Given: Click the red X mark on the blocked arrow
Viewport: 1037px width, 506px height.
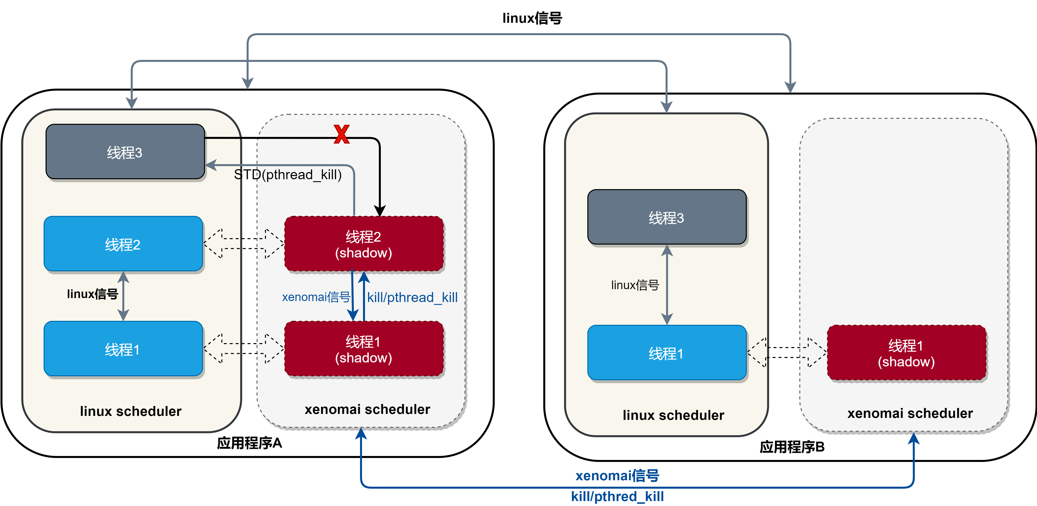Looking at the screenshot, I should pos(341,134).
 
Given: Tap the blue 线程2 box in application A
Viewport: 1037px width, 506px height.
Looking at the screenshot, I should pos(123,244).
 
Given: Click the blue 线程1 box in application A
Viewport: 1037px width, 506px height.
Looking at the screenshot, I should pos(123,349).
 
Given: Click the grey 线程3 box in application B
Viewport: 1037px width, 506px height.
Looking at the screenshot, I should pos(667,217).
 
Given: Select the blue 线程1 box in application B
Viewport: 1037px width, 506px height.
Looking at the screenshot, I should pos(667,353).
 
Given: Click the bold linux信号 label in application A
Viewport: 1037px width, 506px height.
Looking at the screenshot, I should pos(93,294).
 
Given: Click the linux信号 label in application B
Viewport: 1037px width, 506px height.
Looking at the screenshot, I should pos(635,285).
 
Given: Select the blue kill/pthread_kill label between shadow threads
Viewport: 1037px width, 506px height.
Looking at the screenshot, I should pos(412,298).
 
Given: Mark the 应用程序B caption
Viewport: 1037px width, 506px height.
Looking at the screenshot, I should pos(792,447).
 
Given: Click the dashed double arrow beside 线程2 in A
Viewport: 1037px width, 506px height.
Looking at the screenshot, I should pos(244,244).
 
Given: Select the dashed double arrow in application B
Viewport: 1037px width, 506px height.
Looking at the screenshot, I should pos(787,353).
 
